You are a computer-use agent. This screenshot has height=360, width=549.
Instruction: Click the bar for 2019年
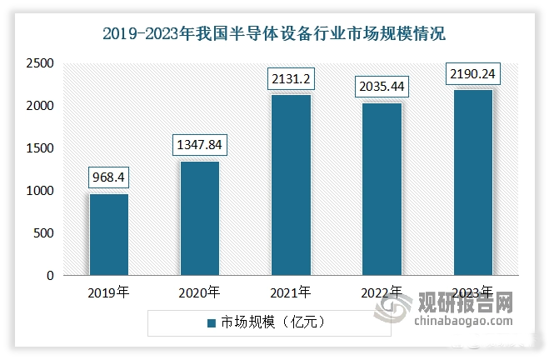tap(109, 235)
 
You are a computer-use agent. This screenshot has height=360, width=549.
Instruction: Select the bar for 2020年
tap(200, 218)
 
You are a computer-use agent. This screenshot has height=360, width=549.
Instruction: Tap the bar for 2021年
tap(291, 185)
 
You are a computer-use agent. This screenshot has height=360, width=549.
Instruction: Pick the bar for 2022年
tap(382, 189)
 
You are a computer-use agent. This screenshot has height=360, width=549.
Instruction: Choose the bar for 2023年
tap(472, 182)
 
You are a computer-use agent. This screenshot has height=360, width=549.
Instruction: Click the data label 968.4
tap(109, 177)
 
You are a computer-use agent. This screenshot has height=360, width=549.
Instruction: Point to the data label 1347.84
tap(200, 145)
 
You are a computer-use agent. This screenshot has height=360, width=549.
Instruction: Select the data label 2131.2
tap(291, 78)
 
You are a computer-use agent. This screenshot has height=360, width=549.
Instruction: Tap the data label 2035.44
tap(382, 87)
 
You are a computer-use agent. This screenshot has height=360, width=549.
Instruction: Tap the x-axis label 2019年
tap(109, 292)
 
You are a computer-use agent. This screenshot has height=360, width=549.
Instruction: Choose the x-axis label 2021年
tap(291, 292)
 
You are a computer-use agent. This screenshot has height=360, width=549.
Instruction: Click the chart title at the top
tap(274, 34)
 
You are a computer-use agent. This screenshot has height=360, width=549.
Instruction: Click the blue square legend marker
tap(213, 322)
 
